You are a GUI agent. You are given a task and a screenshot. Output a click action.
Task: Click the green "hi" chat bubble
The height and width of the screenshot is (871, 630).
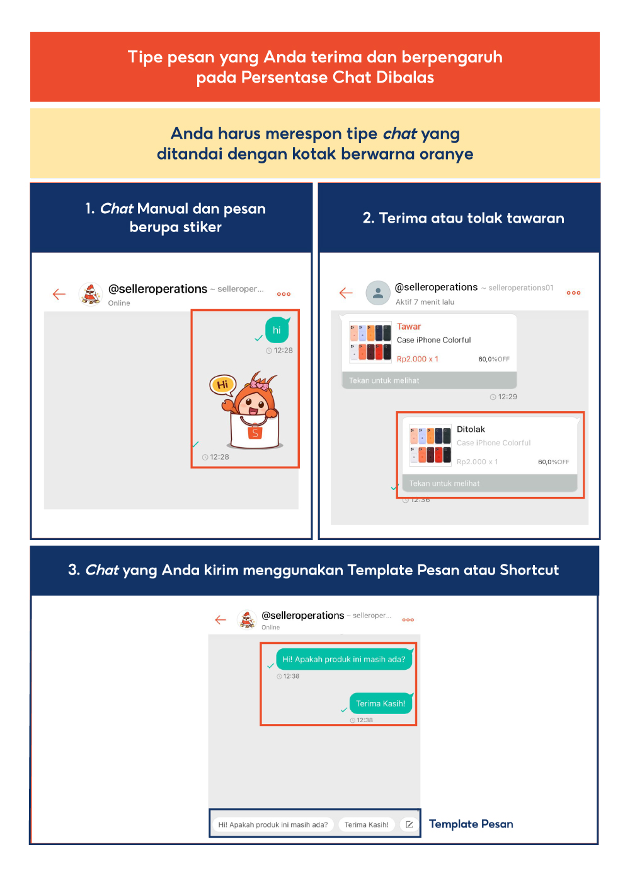[277, 330]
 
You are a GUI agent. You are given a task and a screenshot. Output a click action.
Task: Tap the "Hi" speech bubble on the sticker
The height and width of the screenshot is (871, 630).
[222, 384]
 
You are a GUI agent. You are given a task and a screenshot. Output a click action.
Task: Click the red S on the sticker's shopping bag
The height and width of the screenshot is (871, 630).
[255, 433]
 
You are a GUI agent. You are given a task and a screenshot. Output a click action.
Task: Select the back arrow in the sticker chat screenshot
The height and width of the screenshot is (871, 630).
[59, 294]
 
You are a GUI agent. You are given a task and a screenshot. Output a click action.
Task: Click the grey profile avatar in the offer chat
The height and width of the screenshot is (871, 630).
[377, 293]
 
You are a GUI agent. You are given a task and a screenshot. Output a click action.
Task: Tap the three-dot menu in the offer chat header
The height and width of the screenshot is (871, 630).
[573, 293]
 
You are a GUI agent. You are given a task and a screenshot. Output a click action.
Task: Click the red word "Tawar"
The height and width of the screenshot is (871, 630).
[409, 327]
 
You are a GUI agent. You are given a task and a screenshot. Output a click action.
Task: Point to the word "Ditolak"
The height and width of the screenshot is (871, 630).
[471, 430]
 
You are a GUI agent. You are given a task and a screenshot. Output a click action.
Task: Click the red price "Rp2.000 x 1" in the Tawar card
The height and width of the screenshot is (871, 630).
[417, 359]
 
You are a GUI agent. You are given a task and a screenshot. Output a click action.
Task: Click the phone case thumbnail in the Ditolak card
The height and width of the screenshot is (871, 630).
[430, 445]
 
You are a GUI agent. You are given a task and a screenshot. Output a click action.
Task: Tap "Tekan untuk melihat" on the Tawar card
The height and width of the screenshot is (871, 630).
[384, 380]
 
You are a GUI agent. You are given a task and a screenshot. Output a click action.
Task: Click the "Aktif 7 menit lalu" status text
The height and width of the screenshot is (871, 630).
[425, 302]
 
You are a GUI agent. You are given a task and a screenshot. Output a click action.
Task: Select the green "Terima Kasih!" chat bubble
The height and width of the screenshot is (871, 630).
[381, 703]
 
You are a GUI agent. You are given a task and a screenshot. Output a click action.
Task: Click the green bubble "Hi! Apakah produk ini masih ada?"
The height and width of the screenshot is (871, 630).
[344, 659]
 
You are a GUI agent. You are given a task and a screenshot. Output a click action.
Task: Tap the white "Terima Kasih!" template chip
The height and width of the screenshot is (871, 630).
[367, 824]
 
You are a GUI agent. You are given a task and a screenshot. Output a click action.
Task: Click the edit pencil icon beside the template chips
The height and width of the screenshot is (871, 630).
[409, 824]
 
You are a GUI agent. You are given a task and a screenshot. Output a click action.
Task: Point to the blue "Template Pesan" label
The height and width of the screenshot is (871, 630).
[471, 824]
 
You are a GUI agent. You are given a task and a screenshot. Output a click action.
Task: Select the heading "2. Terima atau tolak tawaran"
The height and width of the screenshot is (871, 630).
[463, 218]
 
